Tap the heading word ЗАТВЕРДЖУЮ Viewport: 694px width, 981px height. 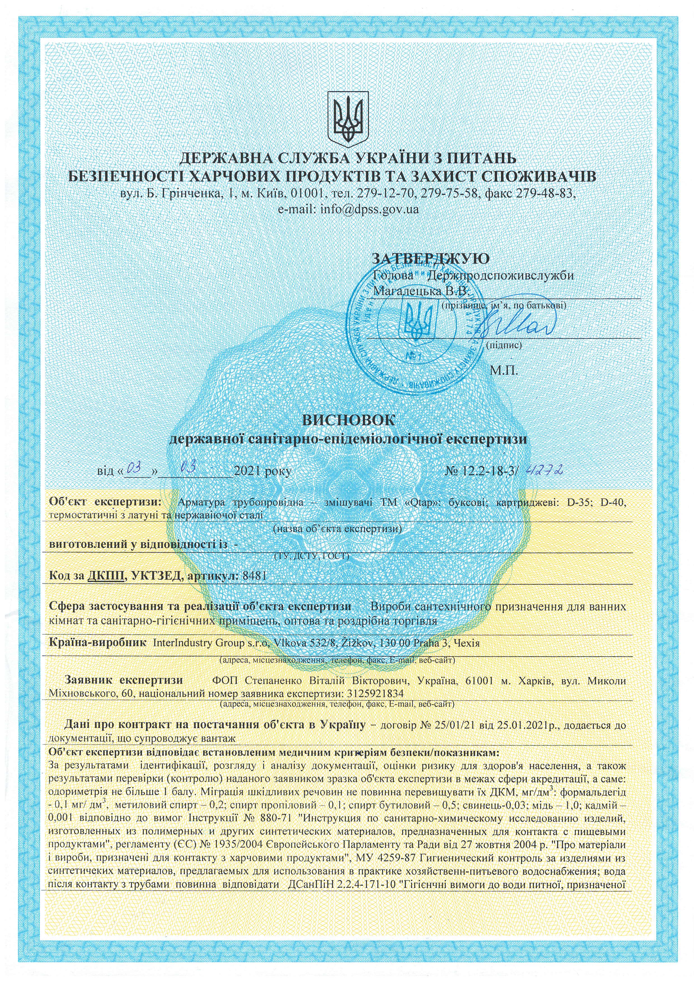(431, 259)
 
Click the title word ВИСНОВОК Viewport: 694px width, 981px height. (348, 420)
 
